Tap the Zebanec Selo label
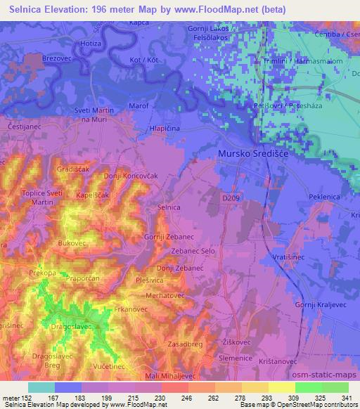[x=193, y=251]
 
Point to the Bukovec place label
[x=71, y=242]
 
